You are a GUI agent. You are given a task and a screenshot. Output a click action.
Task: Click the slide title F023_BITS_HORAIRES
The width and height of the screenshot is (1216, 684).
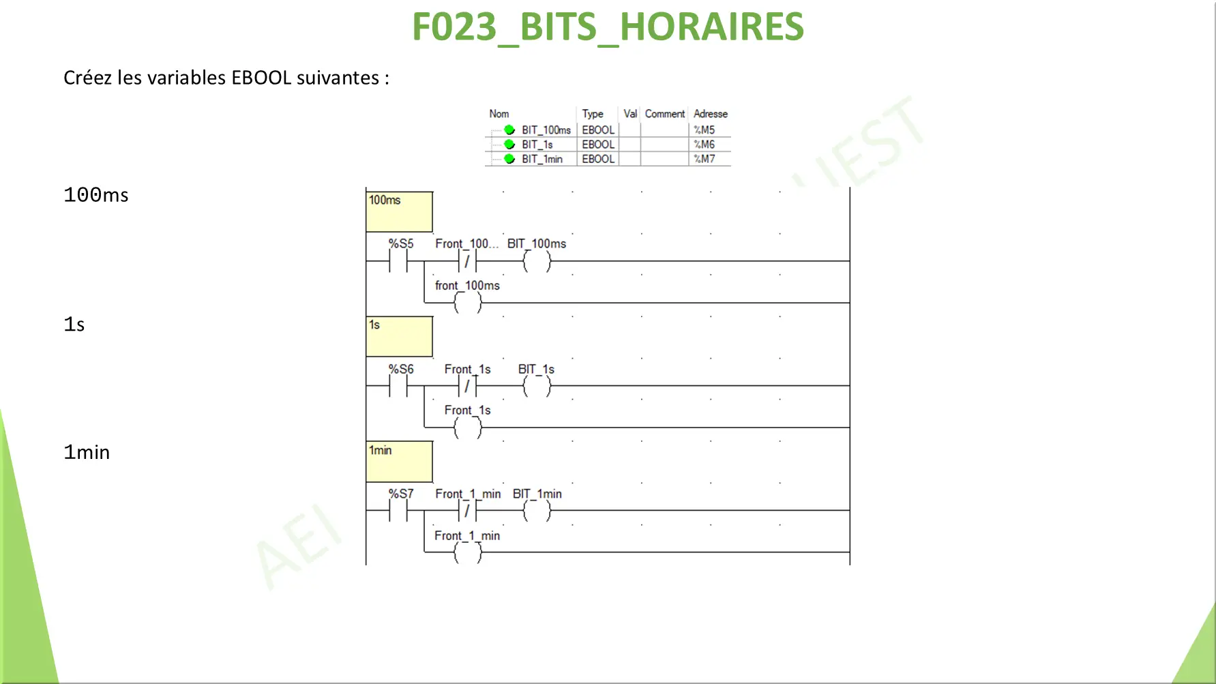coord(608,27)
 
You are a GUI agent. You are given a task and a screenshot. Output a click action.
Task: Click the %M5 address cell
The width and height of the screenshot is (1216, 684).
coord(704,130)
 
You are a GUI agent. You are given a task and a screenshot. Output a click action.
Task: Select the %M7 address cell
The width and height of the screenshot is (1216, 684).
coord(704,159)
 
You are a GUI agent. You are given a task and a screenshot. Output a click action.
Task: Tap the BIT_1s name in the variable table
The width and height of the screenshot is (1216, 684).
coord(537,145)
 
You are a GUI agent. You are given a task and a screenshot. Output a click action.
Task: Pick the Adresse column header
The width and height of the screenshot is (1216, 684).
coord(711,114)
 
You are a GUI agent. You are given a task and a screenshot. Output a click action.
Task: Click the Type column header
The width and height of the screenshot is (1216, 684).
coord(593,114)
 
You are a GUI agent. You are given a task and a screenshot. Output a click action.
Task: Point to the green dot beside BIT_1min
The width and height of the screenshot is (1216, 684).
coord(509,159)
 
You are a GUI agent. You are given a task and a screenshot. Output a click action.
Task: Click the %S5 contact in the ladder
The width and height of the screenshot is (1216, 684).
coord(398,261)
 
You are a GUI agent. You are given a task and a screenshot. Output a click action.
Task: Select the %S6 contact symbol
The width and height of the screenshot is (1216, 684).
coord(398,386)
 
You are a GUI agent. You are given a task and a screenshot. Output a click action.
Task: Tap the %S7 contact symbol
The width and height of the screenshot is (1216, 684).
coord(398,511)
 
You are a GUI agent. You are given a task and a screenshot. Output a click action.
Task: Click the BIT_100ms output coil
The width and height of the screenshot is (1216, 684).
coord(537,261)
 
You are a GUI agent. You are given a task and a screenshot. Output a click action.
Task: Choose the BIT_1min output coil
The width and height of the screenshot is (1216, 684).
coord(537,511)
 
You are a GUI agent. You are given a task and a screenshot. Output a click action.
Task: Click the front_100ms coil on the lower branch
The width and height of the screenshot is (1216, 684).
coord(468,303)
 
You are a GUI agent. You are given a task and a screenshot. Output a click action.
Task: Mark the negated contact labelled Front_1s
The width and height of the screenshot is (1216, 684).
coord(468,386)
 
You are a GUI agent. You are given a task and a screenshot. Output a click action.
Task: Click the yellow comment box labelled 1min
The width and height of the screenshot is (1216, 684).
coord(400,462)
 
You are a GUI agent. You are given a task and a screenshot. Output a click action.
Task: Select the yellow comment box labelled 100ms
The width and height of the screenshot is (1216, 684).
coord(400,212)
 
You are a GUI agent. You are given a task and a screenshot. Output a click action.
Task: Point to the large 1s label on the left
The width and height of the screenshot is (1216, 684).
coord(74,324)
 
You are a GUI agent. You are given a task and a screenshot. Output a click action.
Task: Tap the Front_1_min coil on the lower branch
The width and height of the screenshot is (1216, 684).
coord(468,552)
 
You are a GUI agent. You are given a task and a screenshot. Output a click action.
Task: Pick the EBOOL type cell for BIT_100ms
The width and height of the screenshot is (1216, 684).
coord(598,130)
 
